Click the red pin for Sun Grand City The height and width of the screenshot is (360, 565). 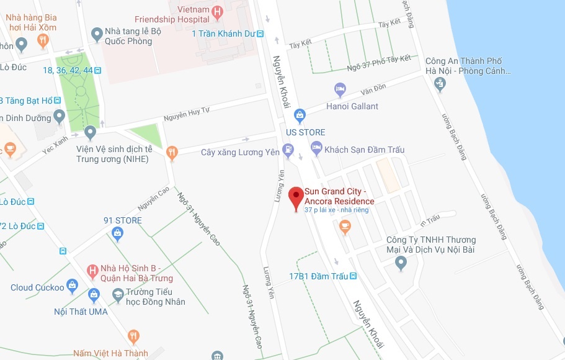pos(296,197)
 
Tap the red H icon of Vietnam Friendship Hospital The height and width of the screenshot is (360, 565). pos(216,11)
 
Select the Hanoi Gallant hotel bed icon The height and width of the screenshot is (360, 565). pos(340,91)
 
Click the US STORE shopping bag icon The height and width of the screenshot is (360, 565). pos(300,115)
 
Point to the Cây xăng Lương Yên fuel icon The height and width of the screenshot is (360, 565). pos(288,150)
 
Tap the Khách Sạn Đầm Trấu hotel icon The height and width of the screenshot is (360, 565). pos(316,148)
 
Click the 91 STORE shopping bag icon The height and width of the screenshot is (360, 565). pos(117,233)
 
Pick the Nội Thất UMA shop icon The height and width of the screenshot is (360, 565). pos(94,294)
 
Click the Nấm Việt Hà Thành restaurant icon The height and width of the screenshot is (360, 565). pos(133,338)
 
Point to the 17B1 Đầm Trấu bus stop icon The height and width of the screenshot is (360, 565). pos(353,276)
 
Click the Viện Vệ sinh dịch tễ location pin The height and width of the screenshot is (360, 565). pos(91,132)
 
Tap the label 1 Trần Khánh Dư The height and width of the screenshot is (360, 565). pos(223,34)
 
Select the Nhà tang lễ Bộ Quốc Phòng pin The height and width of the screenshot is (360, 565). pos(97,34)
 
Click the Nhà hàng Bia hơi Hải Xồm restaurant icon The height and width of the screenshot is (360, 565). pos(43,41)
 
